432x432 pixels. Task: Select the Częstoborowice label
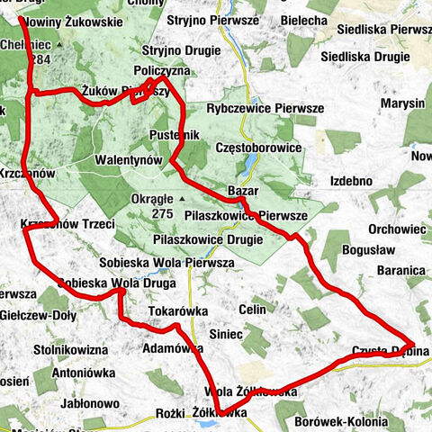click(256, 146)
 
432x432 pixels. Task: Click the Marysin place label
click(402, 103)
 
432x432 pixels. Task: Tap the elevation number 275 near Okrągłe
click(162, 214)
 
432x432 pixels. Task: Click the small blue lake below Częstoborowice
click(253, 164)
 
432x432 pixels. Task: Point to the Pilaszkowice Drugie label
click(208, 239)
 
